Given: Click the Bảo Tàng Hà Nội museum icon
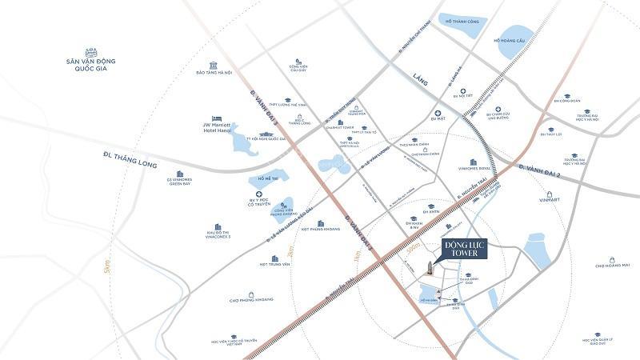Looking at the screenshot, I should coord(214,63).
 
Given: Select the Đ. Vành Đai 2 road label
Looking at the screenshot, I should coord(543,168).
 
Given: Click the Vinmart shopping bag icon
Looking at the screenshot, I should coord(550,194).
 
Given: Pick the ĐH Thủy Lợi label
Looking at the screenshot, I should coord(550,134).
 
